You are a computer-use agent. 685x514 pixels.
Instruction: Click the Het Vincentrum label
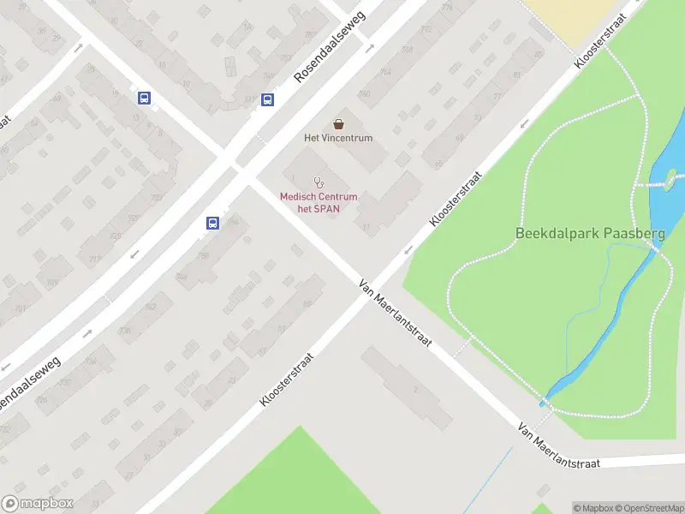pos(338,138)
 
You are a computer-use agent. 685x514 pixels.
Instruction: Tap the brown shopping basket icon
pos(338,123)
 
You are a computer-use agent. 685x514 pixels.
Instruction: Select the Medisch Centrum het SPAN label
pos(319,202)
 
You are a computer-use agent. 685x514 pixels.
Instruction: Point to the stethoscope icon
pos(319,182)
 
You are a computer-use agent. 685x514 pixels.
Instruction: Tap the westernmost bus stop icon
pos(144,98)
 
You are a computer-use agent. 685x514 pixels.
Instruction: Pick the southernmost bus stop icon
pos(212,224)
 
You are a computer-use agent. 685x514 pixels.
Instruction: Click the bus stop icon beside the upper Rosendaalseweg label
pos(268,99)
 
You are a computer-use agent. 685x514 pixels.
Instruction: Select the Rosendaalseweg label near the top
pos(329,48)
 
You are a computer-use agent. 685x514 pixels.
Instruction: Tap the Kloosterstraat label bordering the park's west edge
pos(456,198)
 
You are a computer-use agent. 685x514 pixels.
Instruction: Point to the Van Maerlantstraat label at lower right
pos(558,445)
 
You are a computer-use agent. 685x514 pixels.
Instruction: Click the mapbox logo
pos(38,504)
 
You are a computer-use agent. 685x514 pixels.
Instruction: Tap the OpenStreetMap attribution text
pos(652,507)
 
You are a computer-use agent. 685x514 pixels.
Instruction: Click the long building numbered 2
pos(407,387)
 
